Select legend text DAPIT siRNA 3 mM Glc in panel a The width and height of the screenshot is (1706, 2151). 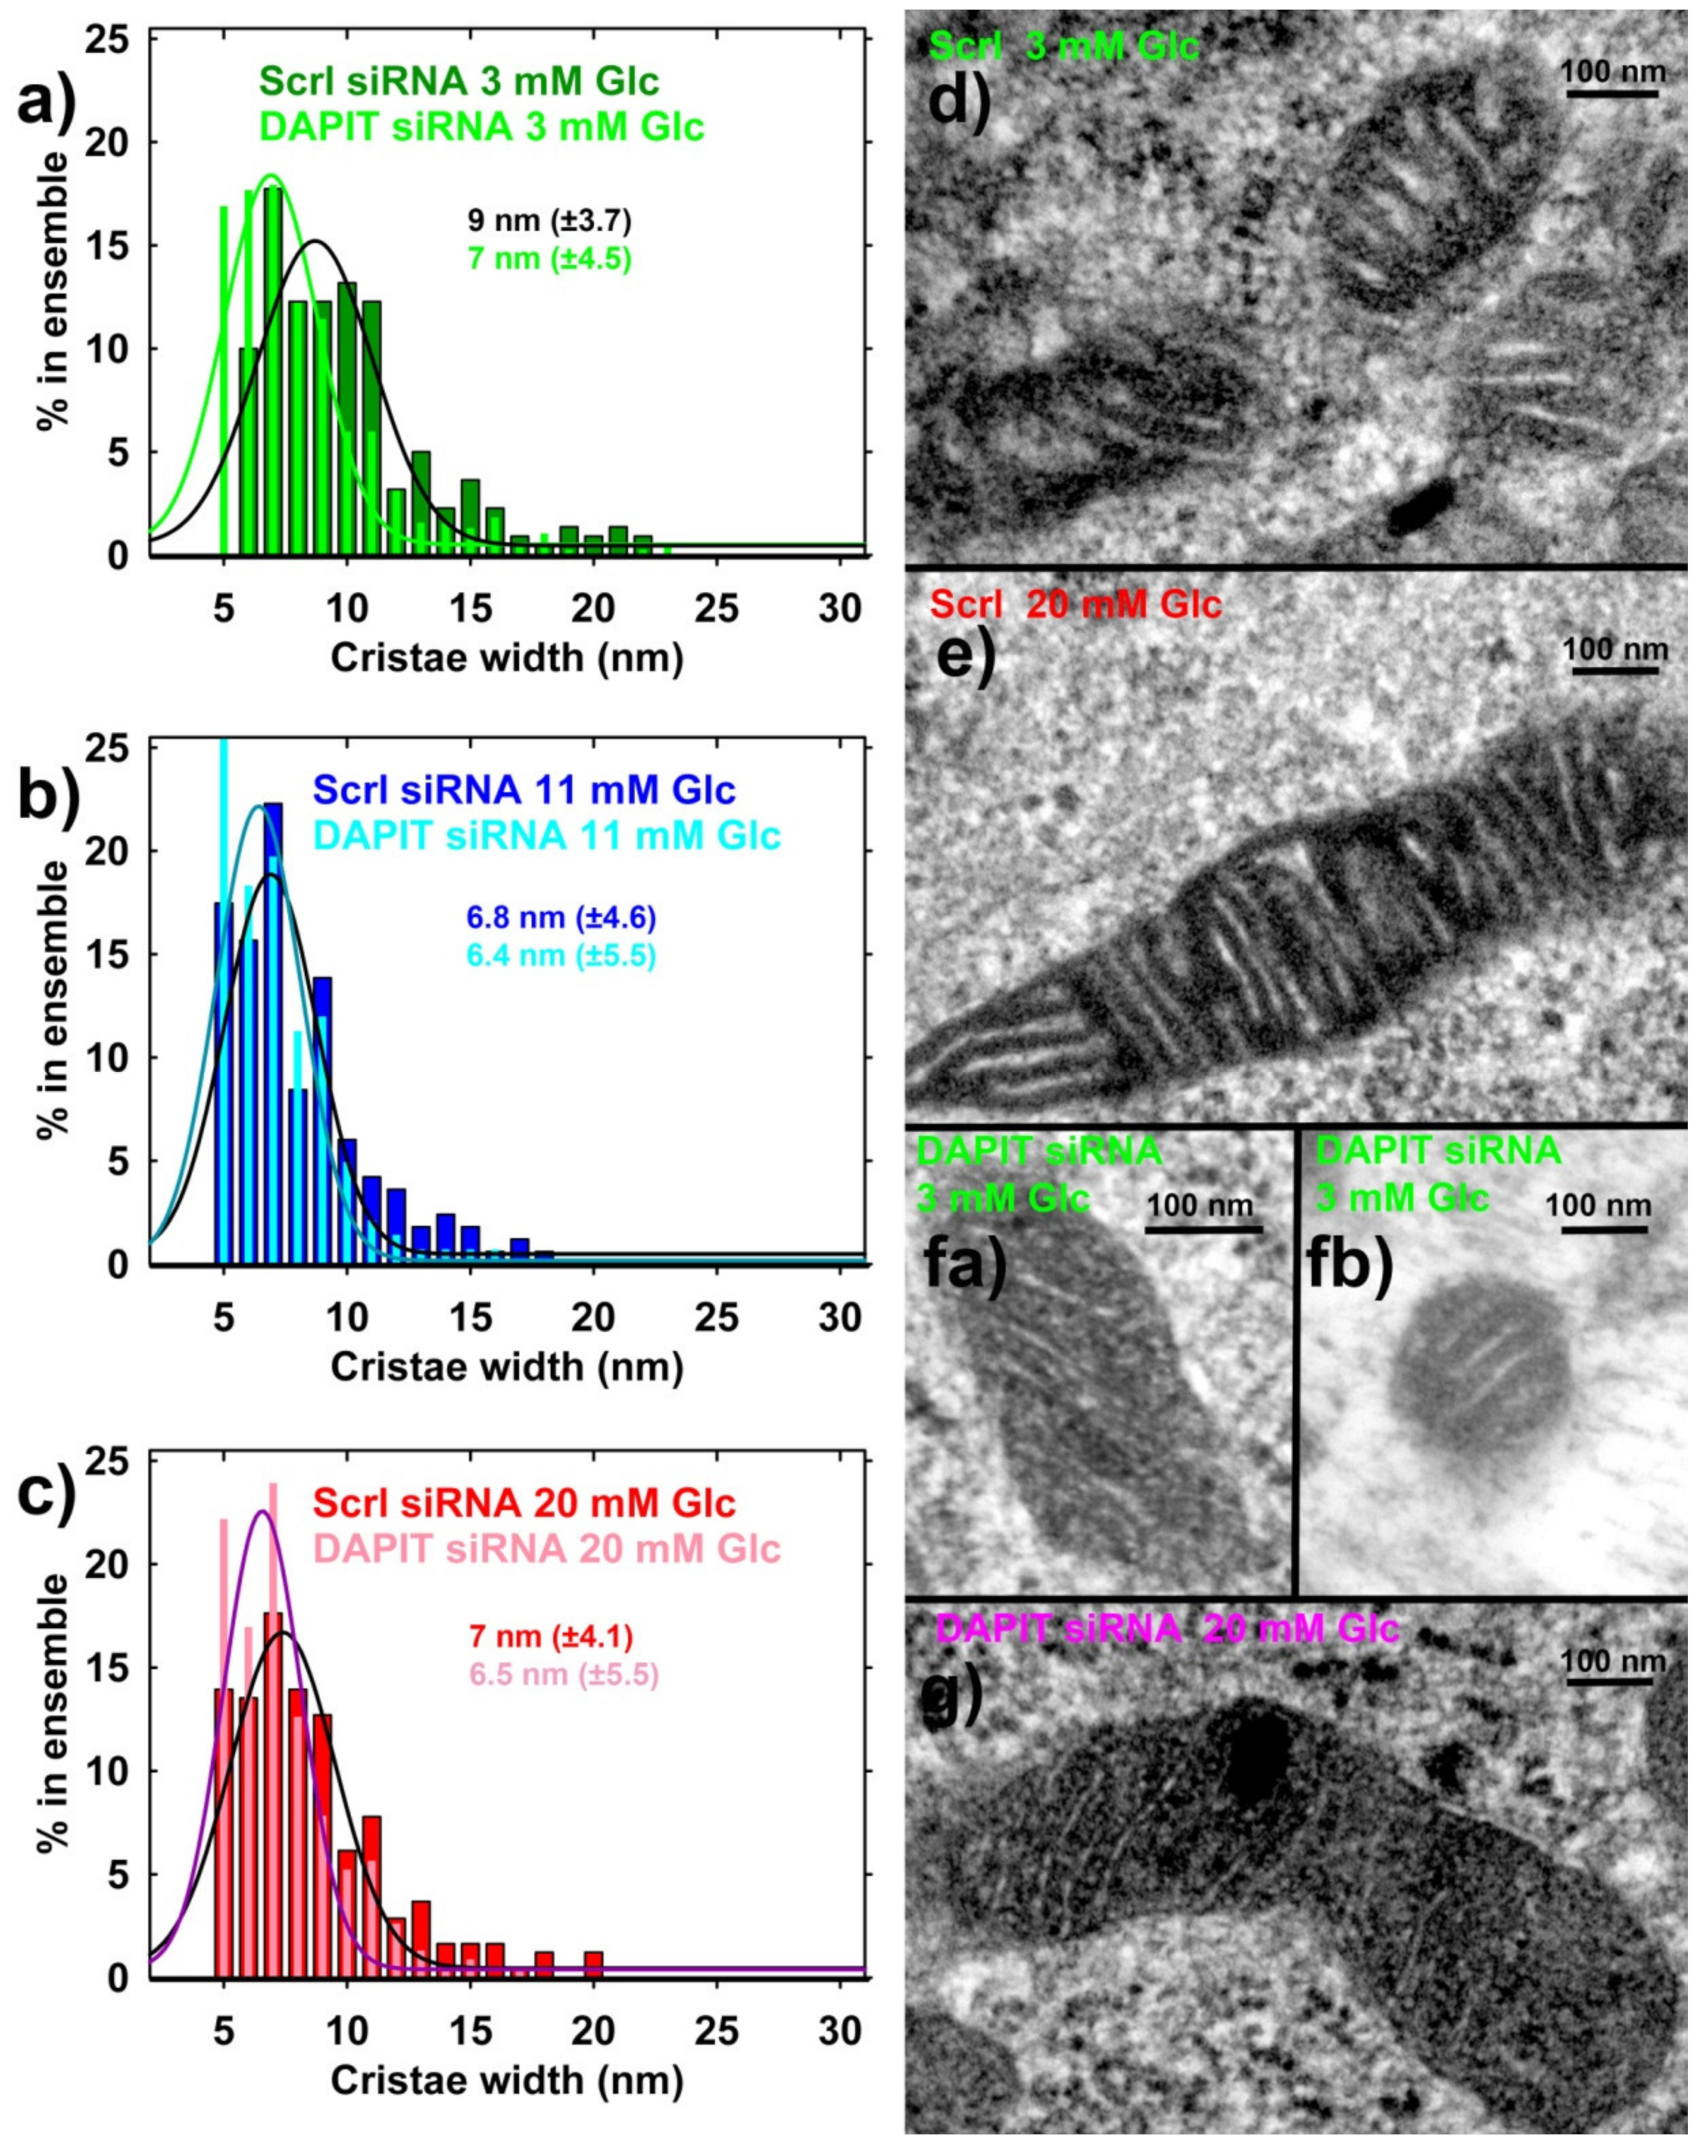pyautogui.click(x=481, y=127)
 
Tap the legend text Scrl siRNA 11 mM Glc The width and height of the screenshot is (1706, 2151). pyautogui.click(x=524, y=790)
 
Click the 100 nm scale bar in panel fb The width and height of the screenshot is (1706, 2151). pyautogui.click(x=1603, y=1230)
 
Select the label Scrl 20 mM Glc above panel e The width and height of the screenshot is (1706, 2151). pyautogui.click(x=1075, y=604)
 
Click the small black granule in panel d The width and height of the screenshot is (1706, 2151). pyautogui.click(x=1421, y=516)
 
